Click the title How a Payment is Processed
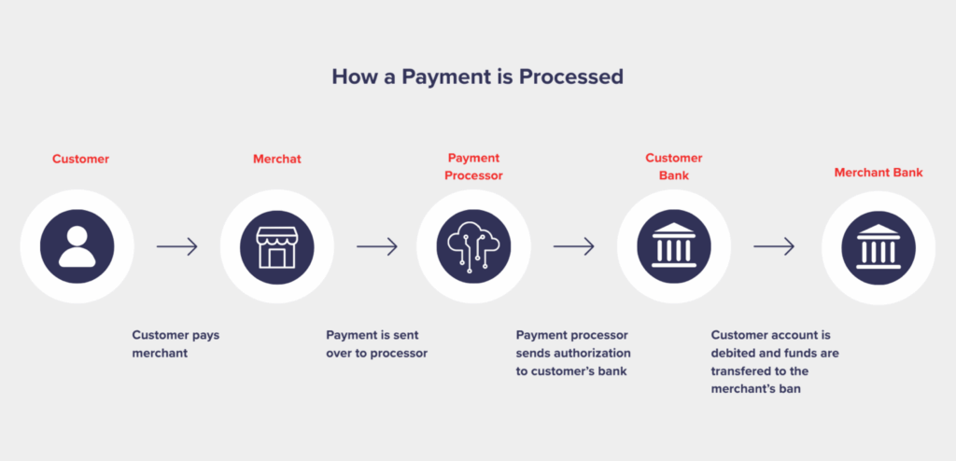477,77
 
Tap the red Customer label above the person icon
80,160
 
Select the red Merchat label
276,160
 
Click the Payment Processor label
473,167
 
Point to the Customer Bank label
674,167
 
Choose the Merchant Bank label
879,173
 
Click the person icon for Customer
77,246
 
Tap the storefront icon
276,247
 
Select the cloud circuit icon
473,246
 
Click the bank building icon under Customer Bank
674,246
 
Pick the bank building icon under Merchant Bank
879,247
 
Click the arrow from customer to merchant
176,246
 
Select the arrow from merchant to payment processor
377,246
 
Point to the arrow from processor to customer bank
574,246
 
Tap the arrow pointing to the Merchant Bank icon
774,246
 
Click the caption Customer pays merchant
176,344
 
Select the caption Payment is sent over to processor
377,344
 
